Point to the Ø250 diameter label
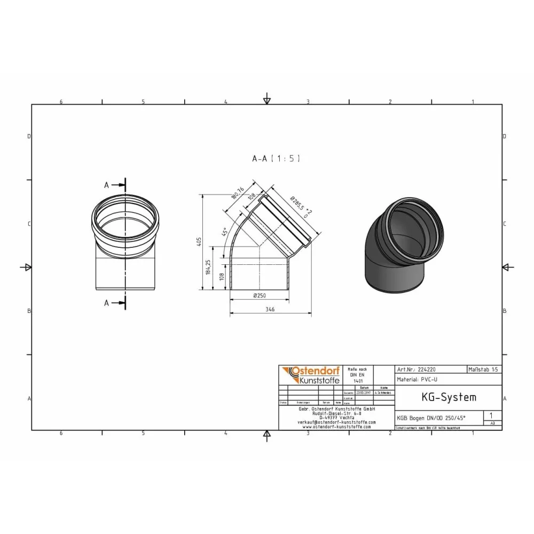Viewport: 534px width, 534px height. tap(260, 296)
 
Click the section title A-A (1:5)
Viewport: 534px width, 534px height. tap(277, 159)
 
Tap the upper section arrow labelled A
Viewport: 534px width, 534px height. tap(114, 185)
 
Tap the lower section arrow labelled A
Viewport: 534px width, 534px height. tap(114, 303)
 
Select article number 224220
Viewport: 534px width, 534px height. tap(427, 369)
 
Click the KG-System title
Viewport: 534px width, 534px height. tap(441, 397)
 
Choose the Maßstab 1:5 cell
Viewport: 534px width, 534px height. tap(484, 369)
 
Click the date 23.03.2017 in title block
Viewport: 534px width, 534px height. tap(364, 392)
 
